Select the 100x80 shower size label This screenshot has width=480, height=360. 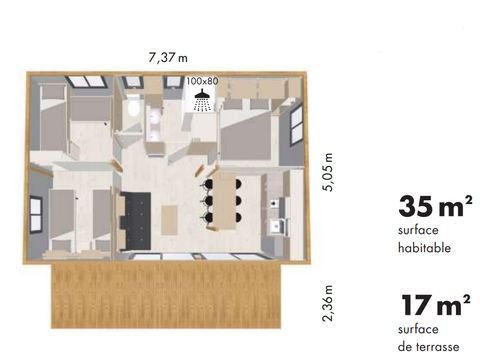[202, 81]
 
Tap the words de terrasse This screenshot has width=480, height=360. [428, 347]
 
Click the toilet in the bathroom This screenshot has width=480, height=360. [133, 106]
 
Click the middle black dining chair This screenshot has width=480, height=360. [207, 199]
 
